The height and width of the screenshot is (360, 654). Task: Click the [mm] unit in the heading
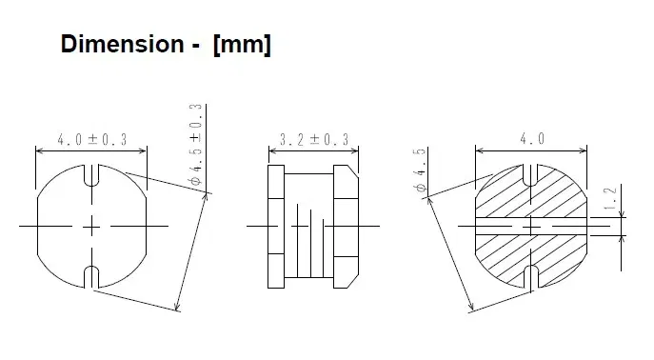(243, 45)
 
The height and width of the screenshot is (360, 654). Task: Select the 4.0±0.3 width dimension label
(90, 140)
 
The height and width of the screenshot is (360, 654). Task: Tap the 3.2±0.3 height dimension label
(313, 140)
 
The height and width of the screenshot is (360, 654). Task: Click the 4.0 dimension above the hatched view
(531, 139)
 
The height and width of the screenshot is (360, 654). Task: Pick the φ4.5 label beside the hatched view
(419, 170)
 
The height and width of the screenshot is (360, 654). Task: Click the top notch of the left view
(91, 175)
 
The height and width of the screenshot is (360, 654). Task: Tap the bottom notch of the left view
(91, 277)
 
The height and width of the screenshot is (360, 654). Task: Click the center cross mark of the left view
(91, 227)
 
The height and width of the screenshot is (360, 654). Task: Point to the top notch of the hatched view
(531, 175)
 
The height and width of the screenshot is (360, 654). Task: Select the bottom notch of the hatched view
(531, 277)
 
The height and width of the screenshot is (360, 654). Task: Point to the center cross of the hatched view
(531, 227)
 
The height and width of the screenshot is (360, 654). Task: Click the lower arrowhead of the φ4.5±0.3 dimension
(177, 308)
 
